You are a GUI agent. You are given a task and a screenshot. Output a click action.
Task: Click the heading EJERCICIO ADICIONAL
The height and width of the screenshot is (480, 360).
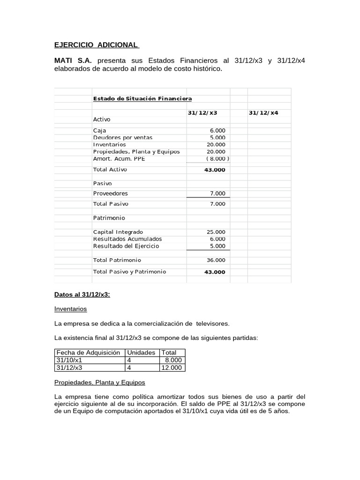pos(96,45)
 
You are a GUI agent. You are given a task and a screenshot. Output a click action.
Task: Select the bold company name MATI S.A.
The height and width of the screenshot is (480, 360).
pos(73,61)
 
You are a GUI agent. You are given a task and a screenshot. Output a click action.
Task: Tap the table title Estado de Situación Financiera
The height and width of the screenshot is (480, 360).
pos(142,98)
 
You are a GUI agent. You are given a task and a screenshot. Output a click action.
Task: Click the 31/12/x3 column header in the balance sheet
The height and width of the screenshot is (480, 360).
pos(202,113)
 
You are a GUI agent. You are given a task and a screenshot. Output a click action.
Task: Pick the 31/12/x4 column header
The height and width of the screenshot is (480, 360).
pos(263,113)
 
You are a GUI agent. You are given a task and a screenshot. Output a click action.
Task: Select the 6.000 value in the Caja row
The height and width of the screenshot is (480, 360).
pos(218,130)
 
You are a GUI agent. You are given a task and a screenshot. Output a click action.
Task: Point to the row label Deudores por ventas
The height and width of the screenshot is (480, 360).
pos(123,138)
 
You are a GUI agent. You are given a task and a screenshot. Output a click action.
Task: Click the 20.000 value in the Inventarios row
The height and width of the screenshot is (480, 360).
pos(216,145)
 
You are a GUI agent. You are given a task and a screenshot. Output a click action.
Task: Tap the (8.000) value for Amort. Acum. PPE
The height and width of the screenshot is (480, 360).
pos(216,159)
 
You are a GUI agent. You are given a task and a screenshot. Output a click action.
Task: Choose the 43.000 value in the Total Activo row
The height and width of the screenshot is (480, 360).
pos(215,170)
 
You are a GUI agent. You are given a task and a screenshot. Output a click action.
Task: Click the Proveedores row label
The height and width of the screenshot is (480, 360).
pos(111,194)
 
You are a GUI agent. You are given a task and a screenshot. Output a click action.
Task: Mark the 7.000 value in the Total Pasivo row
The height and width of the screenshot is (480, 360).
pos(217,204)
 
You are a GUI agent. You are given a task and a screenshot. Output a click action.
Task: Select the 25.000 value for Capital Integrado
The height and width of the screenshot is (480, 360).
pos(216,232)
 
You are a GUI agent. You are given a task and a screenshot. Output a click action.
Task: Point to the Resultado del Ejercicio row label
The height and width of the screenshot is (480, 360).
pos(126,246)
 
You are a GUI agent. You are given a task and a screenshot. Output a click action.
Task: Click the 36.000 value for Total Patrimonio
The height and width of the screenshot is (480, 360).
pos(216,260)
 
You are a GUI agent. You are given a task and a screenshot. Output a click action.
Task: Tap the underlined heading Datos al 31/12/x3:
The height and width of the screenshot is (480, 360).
pos(82,295)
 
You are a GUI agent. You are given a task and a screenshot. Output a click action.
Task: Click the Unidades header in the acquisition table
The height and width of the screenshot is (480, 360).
pos(142,352)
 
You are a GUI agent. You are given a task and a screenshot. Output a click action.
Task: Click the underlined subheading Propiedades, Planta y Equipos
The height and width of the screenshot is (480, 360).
pos(100,382)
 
